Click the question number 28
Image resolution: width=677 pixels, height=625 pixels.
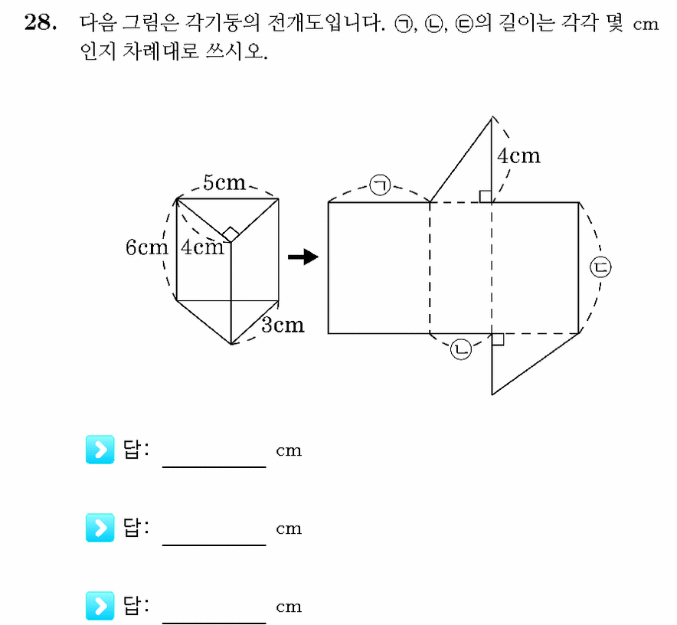(40, 22)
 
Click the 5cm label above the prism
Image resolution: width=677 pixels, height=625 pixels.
(224, 182)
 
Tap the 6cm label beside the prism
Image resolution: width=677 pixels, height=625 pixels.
(147, 247)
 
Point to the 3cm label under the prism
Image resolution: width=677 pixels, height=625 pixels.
(283, 325)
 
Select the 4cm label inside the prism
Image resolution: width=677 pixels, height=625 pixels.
(202, 247)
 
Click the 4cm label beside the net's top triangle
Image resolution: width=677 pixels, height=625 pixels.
(518, 156)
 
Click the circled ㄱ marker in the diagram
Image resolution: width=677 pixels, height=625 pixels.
(380, 185)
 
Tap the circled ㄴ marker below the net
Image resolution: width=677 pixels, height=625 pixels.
(461, 349)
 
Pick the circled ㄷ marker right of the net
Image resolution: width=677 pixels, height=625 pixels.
(600, 267)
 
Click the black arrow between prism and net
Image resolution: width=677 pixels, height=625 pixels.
(303, 257)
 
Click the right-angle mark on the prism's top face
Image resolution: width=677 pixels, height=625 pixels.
(231, 234)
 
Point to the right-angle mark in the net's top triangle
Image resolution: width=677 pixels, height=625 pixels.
(486, 197)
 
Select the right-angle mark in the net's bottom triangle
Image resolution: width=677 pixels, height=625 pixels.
(498, 339)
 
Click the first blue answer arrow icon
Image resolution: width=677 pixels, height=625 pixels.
(100, 450)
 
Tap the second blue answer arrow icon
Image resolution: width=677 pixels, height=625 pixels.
(100, 528)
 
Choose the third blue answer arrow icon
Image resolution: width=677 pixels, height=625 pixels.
(100, 606)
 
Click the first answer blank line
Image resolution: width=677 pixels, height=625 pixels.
(214, 467)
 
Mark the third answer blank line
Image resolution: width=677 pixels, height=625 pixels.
(214, 623)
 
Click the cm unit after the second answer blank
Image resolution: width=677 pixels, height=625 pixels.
(289, 528)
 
